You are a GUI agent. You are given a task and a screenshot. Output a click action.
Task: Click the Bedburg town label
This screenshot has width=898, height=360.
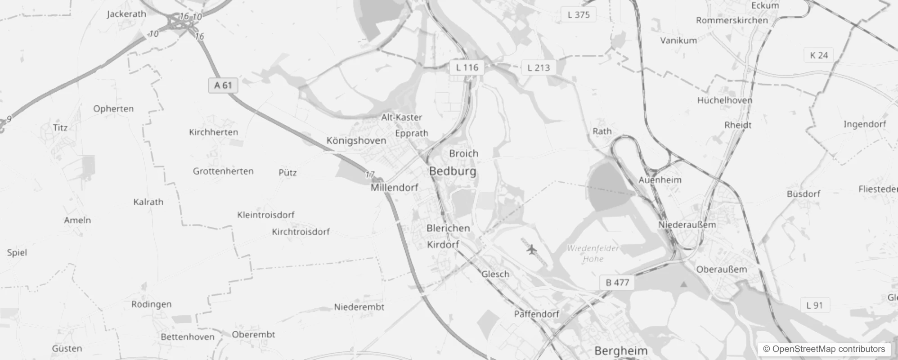[453, 171]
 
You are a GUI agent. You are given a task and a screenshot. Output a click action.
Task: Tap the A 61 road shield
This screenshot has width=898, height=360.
[223, 85]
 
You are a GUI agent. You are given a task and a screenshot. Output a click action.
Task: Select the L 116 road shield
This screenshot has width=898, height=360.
[467, 67]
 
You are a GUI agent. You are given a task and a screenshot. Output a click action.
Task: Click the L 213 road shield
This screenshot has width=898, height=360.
[539, 67]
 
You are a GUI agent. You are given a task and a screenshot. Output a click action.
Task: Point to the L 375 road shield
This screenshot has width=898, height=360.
[579, 14]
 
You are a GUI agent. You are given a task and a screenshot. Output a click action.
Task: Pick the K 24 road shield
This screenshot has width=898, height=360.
[819, 55]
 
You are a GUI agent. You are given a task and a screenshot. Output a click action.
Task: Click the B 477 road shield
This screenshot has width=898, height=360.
[617, 283]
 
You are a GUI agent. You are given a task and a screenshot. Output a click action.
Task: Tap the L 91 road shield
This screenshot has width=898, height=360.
[815, 305]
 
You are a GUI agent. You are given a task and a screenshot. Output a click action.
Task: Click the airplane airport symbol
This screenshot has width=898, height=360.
[532, 249]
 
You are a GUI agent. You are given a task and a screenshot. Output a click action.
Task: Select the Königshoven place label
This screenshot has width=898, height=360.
[356, 140]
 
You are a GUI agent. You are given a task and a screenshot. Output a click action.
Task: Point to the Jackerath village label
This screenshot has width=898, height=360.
[126, 14]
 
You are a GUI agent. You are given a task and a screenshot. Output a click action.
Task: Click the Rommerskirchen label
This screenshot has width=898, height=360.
[732, 20]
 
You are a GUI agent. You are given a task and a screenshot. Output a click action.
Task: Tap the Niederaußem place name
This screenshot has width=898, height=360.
[687, 225]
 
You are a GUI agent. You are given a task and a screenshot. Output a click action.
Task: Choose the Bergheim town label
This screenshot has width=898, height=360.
[621, 351]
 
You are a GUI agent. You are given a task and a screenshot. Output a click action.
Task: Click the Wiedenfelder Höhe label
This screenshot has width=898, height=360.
[593, 253]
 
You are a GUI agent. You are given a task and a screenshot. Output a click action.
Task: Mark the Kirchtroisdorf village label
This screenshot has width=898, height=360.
[301, 232]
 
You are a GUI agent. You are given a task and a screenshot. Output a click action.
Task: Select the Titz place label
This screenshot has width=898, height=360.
[60, 127]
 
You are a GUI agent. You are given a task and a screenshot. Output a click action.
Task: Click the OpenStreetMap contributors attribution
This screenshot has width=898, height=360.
[824, 349]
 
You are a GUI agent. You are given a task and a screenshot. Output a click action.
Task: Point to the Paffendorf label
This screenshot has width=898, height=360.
[537, 314]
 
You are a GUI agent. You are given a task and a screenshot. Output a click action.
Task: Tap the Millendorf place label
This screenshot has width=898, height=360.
[395, 187]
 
